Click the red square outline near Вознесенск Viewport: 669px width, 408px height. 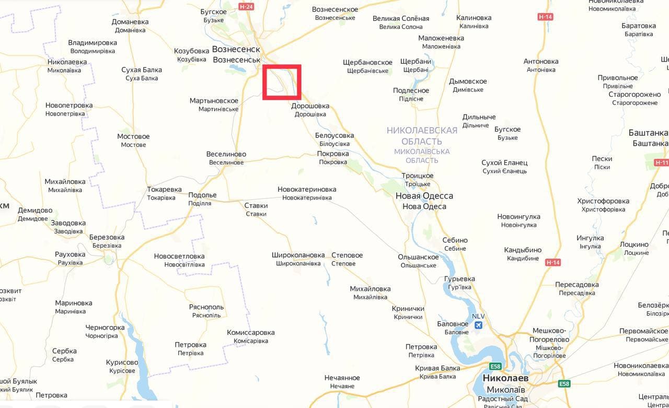[282, 82]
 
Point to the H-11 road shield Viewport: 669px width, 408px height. [661, 162]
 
